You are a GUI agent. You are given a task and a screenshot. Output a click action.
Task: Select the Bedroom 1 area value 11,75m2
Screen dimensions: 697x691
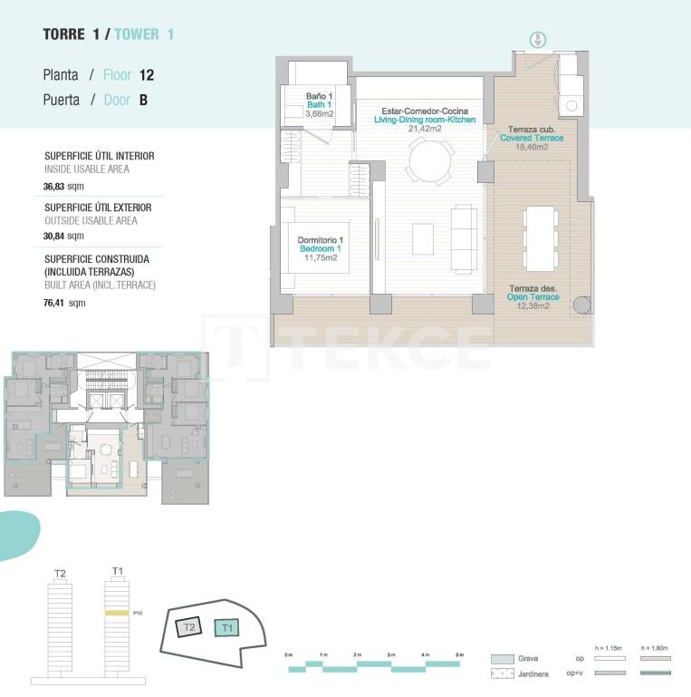point(321,258)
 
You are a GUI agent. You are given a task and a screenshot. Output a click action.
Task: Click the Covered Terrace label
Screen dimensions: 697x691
point(532,138)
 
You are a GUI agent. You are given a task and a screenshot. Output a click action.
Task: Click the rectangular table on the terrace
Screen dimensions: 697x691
point(541,238)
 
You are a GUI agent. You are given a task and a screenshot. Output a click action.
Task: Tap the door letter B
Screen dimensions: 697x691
point(143,101)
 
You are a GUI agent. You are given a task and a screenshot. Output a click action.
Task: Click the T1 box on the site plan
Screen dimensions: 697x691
point(227,627)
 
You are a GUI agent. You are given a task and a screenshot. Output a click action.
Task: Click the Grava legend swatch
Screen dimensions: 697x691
point(503,658)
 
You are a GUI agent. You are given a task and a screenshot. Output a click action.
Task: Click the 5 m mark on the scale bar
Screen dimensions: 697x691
point(459,654)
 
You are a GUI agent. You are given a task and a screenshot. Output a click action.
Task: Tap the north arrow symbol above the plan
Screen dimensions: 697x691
point(536,39)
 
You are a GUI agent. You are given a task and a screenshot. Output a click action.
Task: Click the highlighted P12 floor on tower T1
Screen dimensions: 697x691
point(117,613)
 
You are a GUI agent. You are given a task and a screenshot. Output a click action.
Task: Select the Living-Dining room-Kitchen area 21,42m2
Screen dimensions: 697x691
point(425,129)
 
